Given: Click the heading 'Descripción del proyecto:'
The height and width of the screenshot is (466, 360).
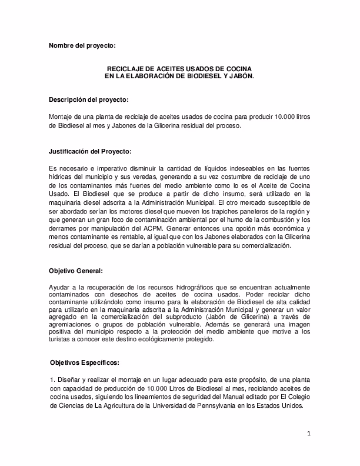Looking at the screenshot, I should pos(88,99).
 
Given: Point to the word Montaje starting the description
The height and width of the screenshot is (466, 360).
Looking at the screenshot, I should pos(62,117).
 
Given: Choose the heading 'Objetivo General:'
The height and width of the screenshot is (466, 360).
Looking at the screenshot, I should pos(75,271).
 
